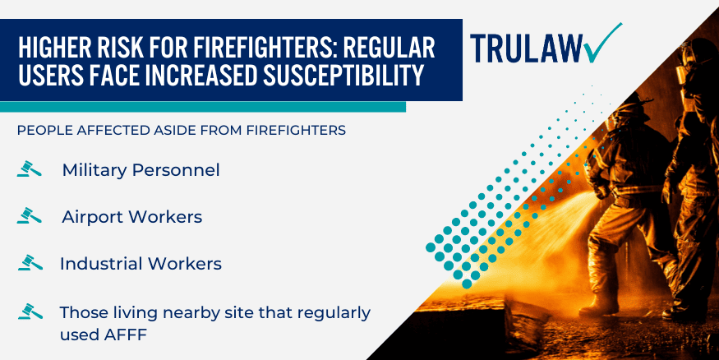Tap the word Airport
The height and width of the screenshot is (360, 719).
coord(90,218)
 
